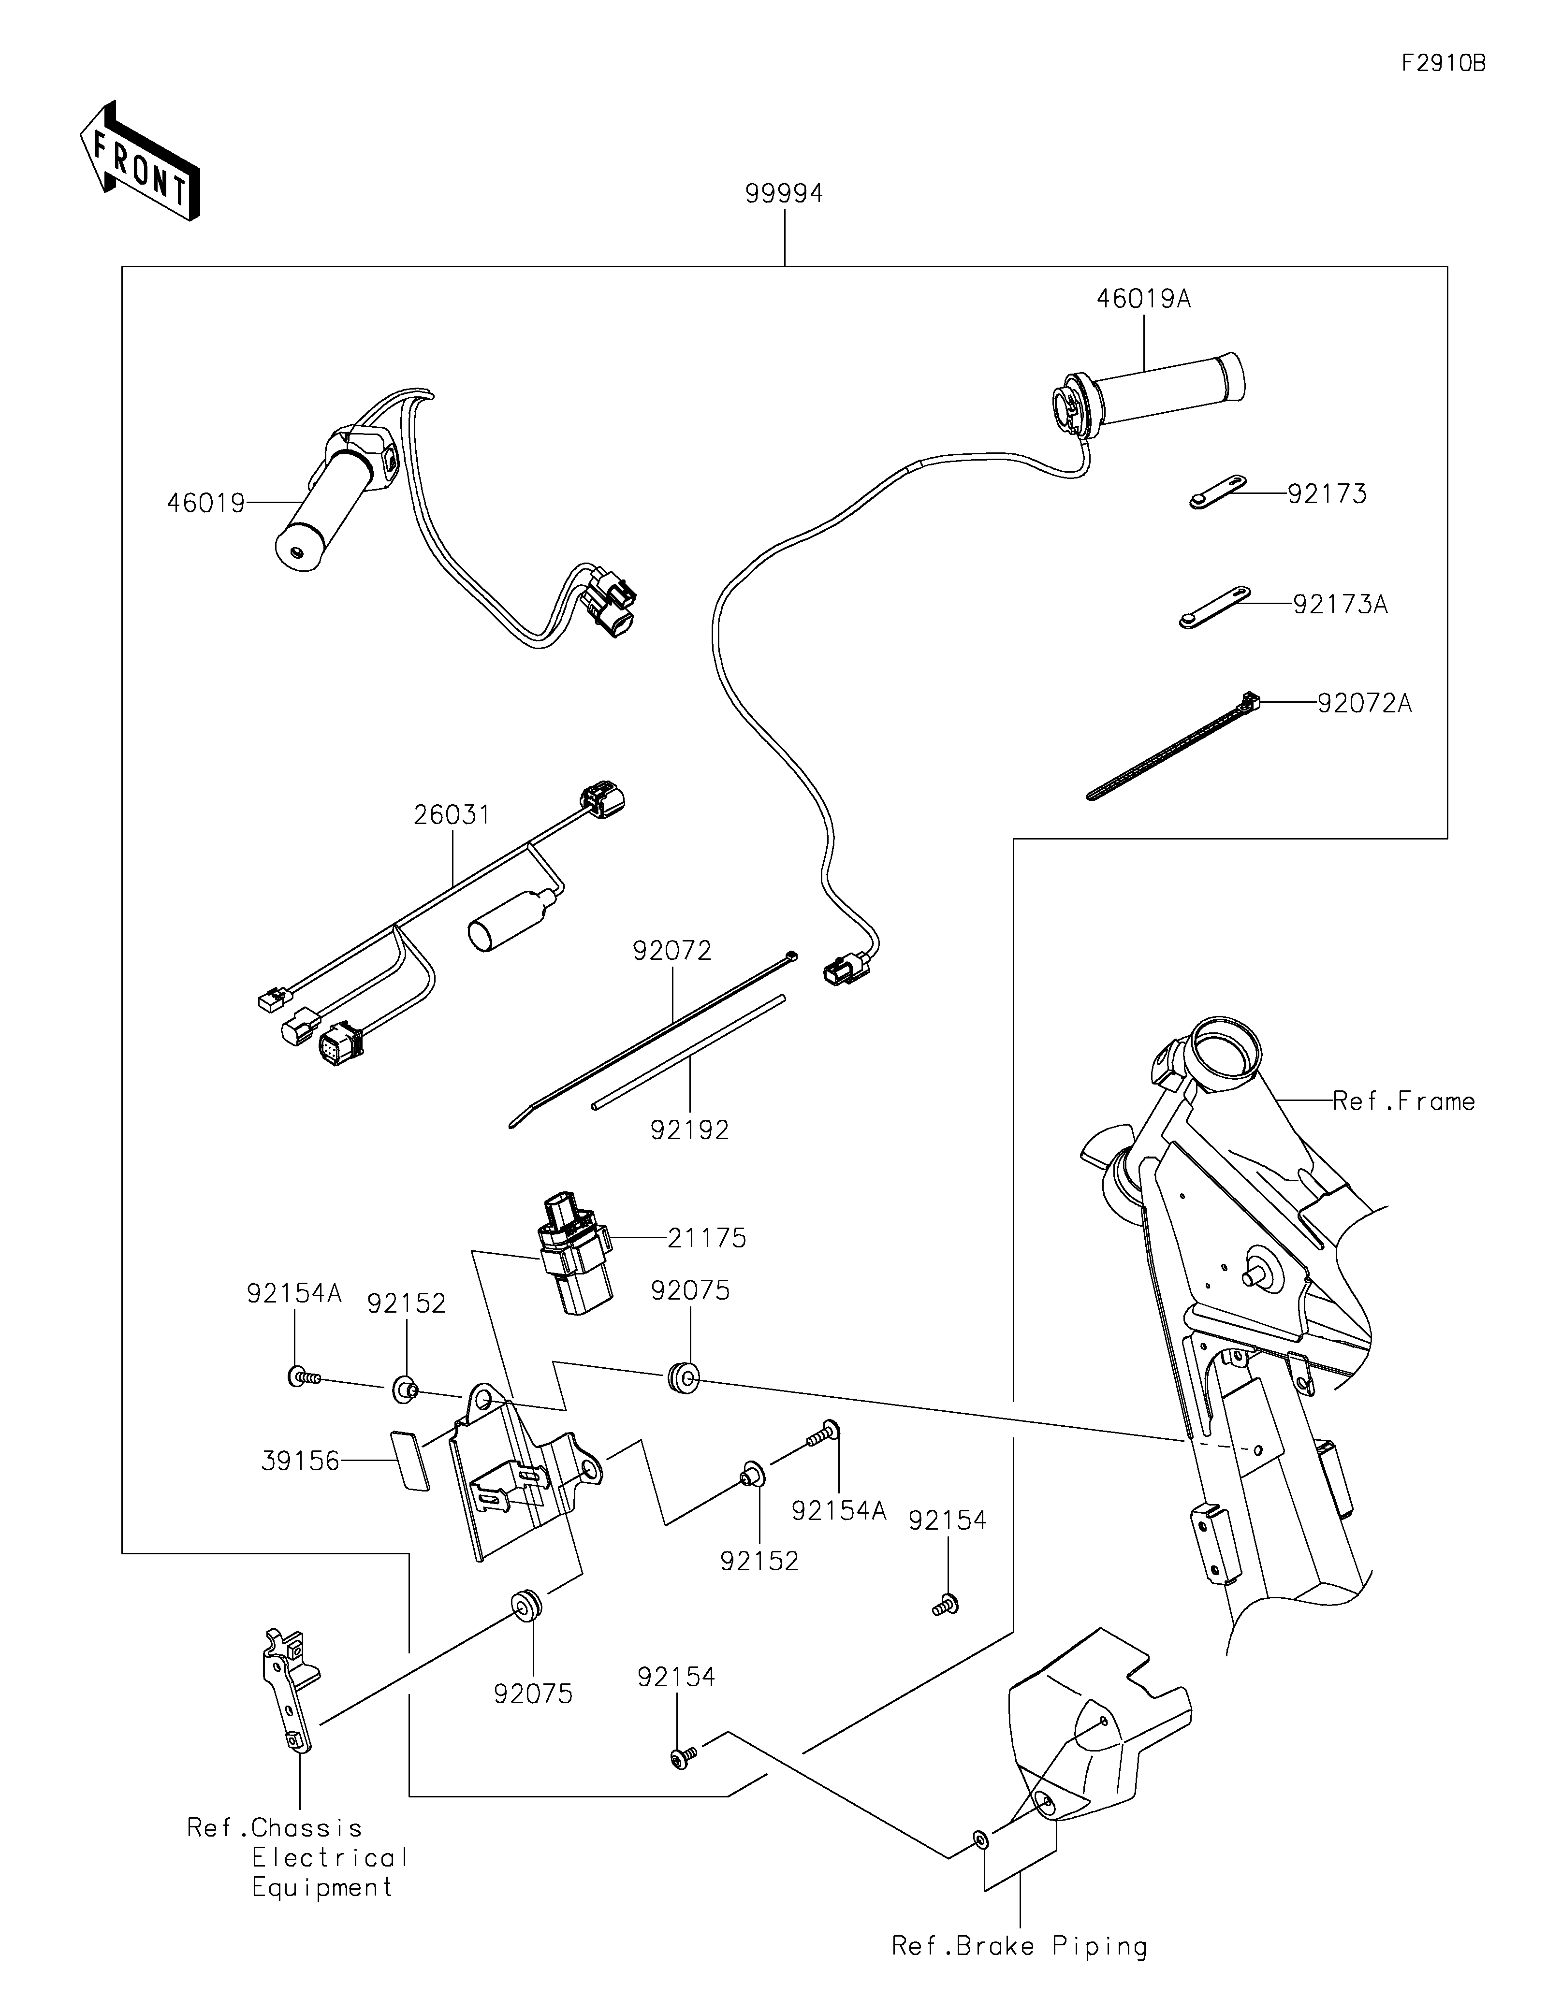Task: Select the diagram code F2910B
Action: (1443, 64)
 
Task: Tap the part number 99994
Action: (784, 194)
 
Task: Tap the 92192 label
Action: (690, 1131)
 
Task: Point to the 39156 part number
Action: (300, 1461)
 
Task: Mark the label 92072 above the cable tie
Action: (671, 952)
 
